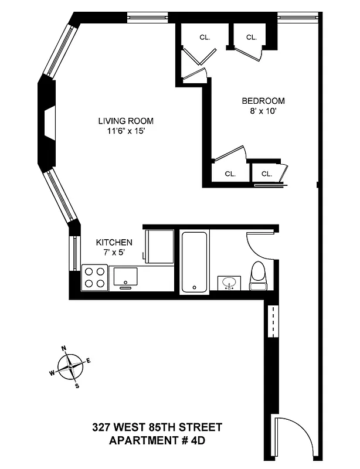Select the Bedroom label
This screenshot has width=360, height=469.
pos(263,100)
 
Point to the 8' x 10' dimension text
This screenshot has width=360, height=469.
pos(263,110)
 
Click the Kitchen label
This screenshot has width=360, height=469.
pos(114,242)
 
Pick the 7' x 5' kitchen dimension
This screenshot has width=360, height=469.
pos(114,252)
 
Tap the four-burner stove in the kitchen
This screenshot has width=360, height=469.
pos(94,277)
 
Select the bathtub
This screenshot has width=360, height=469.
pos(193,262)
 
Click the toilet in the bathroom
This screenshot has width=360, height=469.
pos(258,277)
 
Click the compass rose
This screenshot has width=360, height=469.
pos(70,366)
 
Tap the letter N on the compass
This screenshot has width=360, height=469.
pos(63,348)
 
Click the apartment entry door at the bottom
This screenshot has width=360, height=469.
pos(295,437)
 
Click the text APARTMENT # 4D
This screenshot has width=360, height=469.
pos(157,440)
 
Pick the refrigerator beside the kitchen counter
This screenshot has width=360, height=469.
pos(159,247)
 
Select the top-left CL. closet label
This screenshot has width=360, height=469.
pos(204,37)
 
